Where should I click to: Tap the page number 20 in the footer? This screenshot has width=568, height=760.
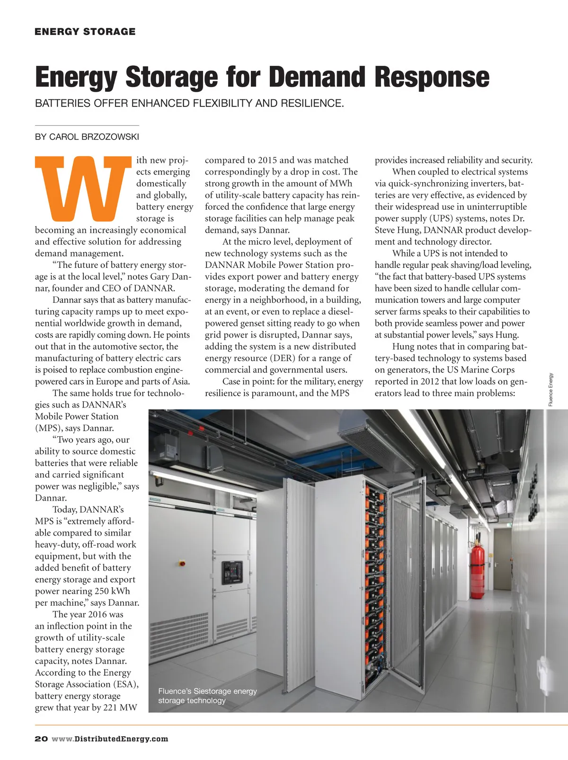coord(41,739)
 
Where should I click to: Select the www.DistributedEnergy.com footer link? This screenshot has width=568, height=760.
coord(110,739)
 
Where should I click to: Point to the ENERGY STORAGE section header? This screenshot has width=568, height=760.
coord(85,32)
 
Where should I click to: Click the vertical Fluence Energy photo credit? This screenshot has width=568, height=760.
coord(550,389)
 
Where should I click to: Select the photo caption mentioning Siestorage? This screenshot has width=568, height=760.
coord(207,696)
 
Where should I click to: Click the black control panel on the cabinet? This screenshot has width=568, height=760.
coord(232,572)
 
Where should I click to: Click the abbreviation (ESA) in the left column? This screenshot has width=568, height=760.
coord(125,684)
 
